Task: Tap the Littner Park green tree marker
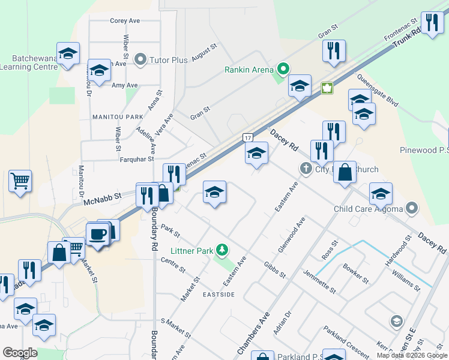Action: (x=223, y=249)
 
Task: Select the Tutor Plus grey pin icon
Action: (x=140, y=59)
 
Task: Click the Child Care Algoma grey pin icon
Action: (x=412, y=209)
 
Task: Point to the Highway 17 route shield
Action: (x=247, y=138)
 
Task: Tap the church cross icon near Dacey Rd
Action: (x=305, y=169)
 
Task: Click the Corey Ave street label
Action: (x=125, y=20)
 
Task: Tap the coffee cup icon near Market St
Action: (x=97, y=233)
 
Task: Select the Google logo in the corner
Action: (x=20, y=353)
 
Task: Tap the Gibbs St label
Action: (x=274, y=269)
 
